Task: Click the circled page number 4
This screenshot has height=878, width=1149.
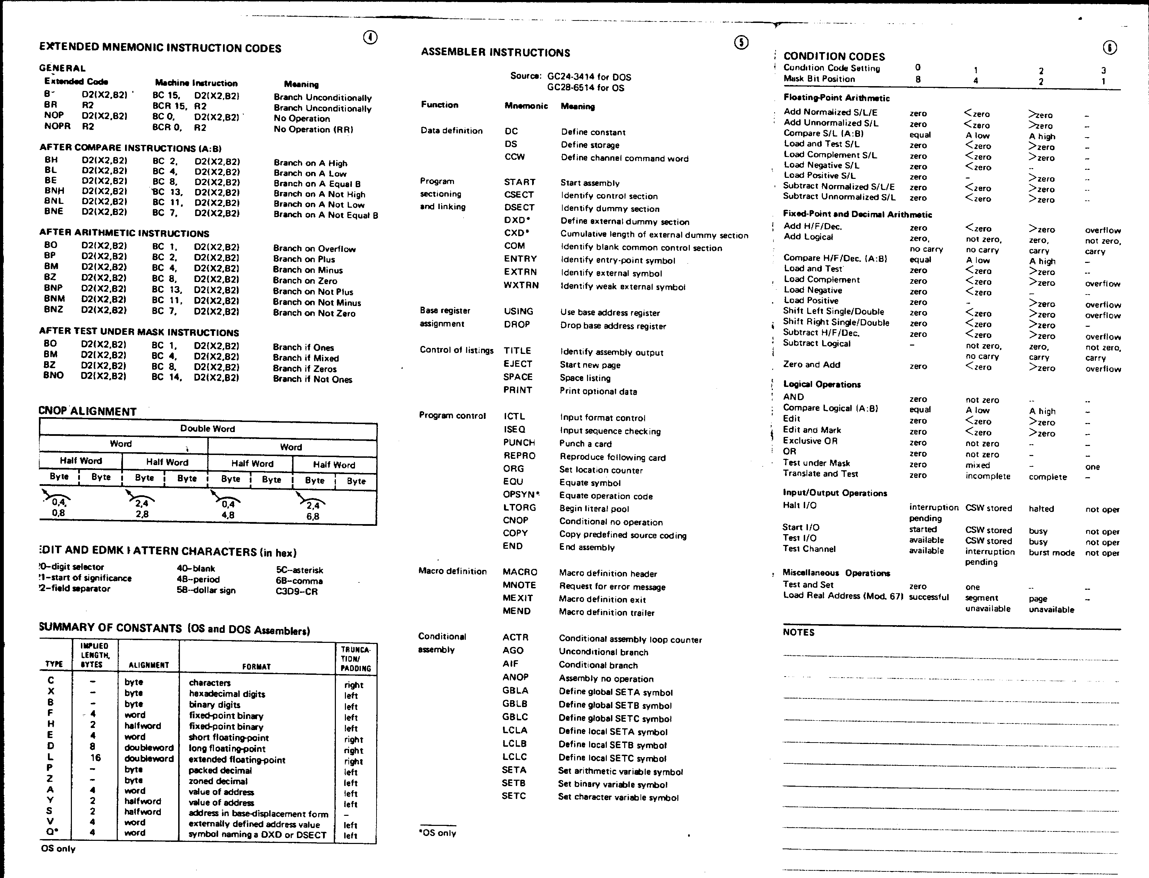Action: tap(370, 38)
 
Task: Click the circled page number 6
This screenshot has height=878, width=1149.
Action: tap(1110, 48)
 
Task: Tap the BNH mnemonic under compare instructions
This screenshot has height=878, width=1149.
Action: tap(54, 191)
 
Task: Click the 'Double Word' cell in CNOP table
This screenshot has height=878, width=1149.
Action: tap(207, 429)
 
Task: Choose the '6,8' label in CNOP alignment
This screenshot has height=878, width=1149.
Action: tap(313, 516)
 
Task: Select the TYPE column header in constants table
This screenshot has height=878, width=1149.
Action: tap(54, 664)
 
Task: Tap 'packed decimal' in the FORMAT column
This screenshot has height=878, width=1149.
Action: tap(220, 770)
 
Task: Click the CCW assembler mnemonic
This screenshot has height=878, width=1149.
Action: tap(515, 157)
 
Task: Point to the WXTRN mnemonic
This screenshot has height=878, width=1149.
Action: tap(521, 285)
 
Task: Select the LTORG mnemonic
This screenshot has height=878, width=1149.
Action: tap(519, 507)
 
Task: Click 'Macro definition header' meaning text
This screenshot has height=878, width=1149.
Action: tap(608, 574)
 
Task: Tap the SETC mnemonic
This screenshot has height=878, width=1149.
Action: tap(514, 796)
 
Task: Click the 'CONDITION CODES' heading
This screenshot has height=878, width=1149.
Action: tap(834, 57)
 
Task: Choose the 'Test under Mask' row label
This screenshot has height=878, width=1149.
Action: tap(816, 463)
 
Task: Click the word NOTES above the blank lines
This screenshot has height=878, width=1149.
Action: tap(799, 632)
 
